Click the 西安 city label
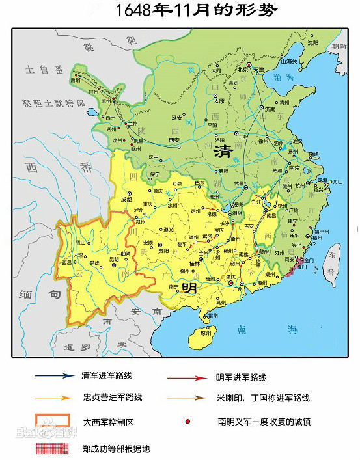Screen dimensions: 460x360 pyautogui.click(x=174, y=139)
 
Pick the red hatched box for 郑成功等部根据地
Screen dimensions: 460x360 pyautogui.click(x=51, y=448)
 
